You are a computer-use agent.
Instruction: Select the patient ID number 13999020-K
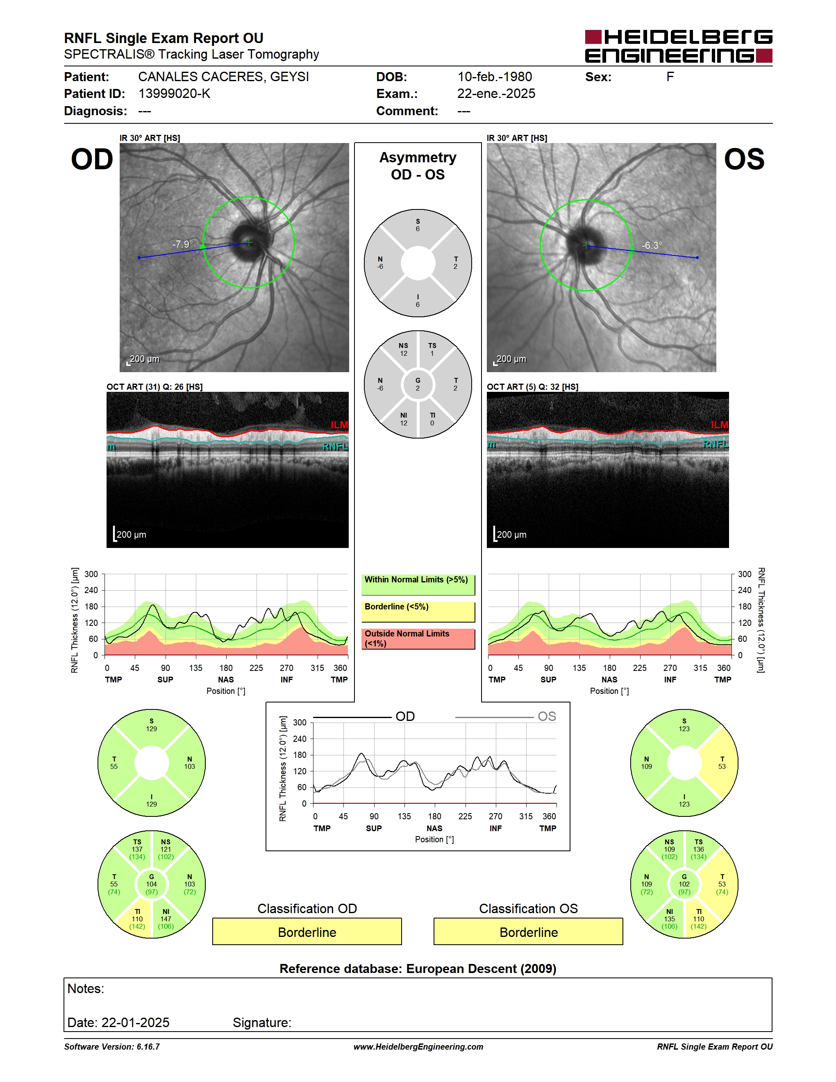tap(174, 93)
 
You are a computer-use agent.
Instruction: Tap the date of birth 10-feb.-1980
tap(495, 77)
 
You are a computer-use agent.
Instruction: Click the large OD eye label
tap(92, 159)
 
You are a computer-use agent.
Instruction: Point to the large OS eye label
tap(744, 159)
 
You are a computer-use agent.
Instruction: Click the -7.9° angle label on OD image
tap(182, 244)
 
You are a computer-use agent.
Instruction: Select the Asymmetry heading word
tap(418, 157)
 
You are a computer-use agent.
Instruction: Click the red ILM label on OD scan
tap(339, 425)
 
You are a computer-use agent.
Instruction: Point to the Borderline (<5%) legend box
tap(418, 612)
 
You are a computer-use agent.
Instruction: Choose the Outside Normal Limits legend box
tap(418, 639)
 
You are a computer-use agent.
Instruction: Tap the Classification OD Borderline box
tap(307, 932)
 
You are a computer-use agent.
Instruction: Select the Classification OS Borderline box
tap(529, 932)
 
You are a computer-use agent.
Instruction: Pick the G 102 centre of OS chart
tap(684, 884)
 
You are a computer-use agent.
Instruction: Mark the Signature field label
tap(262, 1023)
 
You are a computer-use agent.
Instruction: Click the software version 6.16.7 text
tap(112, 1047)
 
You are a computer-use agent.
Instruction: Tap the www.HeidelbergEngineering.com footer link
tap(418, 1047)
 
